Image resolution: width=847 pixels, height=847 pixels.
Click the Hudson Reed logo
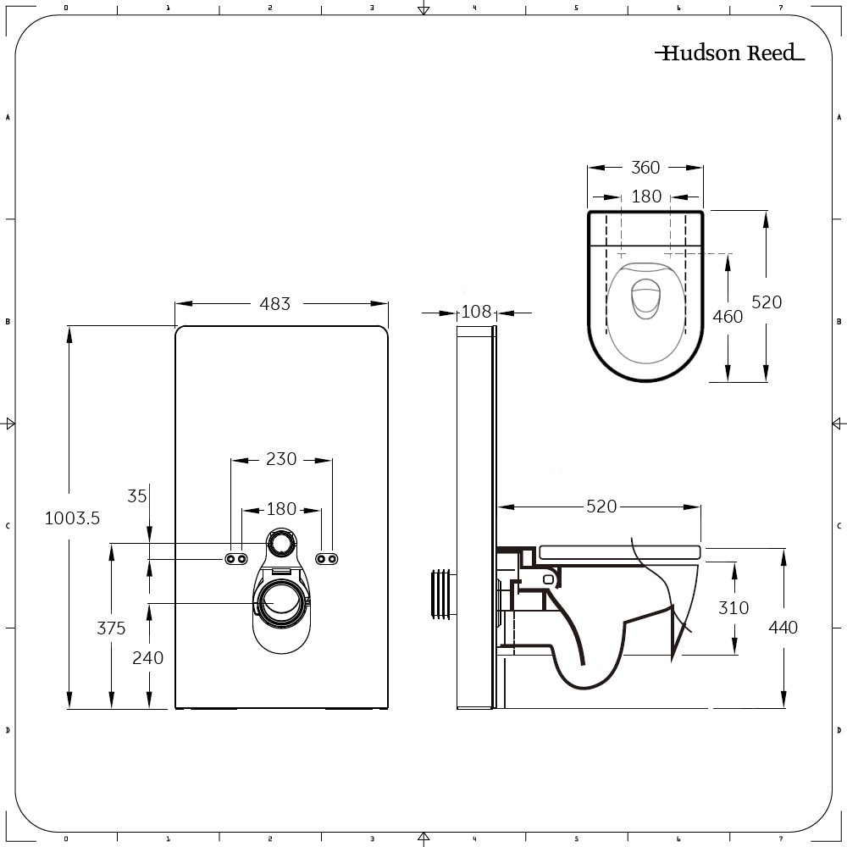point(729,53)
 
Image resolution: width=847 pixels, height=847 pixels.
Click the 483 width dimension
point(275,303)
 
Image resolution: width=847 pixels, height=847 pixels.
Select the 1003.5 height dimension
point(72,518)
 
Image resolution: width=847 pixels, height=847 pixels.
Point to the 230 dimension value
point(281,459)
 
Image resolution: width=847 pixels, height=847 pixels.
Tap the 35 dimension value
point(137,496)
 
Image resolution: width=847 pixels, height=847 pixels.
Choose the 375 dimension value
point(111,628)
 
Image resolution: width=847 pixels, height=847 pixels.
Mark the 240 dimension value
point(149,657)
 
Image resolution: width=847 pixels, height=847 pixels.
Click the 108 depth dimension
point(476,312)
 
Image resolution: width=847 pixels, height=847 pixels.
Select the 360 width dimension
point(645,168)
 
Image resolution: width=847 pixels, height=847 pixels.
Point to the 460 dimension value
point(728,317)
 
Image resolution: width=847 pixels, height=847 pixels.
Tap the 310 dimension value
point(734,607)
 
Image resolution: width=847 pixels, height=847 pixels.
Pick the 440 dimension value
point(783,628)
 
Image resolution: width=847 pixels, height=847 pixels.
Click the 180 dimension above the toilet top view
point(646,197)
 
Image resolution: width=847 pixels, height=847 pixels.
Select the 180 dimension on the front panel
point(281,509)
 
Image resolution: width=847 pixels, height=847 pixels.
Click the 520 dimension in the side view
point(601,507)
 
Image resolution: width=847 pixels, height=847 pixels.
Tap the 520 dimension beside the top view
point(767,302)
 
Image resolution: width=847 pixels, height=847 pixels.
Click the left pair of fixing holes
point(236,558)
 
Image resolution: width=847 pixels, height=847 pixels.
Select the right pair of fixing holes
point(326,558)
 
